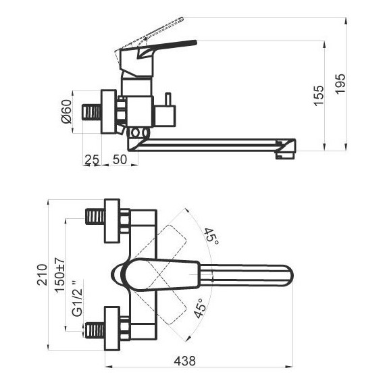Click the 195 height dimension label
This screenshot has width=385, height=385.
point(340,84)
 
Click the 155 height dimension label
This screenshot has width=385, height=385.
point(319,95)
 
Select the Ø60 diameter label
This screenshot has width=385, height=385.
point(66,111)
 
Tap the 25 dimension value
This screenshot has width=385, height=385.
point(92,159)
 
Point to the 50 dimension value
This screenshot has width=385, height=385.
point(120,159)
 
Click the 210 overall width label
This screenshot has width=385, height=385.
point(42,274)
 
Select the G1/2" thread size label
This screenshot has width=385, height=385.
point(77,298)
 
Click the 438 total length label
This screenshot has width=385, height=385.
point(185,361)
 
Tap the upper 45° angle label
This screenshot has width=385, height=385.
point(211,236)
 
